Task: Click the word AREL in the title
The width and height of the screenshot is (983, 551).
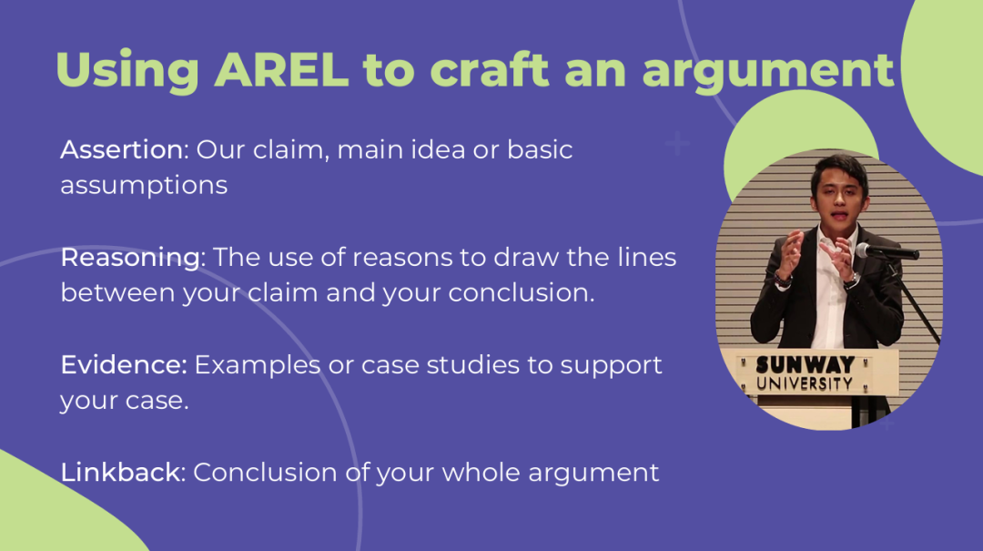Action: [281, 69]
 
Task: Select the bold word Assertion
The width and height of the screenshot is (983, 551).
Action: [122, 149]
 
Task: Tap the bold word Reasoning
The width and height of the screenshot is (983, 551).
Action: [131, 258]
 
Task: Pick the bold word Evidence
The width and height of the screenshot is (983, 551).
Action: [124, 364]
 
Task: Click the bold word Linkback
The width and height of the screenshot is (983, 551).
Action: [121, 472]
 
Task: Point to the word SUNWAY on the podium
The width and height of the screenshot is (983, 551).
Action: [805, 364]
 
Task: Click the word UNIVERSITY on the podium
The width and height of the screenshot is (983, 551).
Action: [805, 383]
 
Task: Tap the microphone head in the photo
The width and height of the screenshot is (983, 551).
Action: [864, 250]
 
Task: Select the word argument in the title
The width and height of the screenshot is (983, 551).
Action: [768, 72]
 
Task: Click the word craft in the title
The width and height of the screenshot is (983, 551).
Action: [489, 69]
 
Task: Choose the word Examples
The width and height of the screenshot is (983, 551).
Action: [257, 366]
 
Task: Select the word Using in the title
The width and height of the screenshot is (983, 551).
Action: [127, 72]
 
